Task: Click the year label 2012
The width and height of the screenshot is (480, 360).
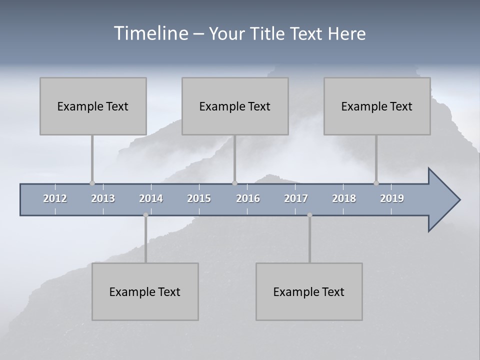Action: pyautogui.click(x=55, y=198)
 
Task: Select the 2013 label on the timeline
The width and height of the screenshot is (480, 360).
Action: pyautogui.click(x=103, y=198)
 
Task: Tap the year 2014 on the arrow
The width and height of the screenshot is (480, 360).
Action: pyautogui.click(x=151, y=198)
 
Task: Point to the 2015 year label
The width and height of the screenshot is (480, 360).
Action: pyautogui.click(x=199, y=198)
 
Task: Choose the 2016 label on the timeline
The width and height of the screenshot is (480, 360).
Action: pyautogui.click(x=248, y=198)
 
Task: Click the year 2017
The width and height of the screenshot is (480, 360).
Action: pyautogui.click(x=296, y=198)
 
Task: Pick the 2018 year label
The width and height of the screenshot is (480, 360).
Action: pyautogui.click(x=344, y=198)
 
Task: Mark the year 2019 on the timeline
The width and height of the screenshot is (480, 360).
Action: pyautogui.click(x=392, y=198)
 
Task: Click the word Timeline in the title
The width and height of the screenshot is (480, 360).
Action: pyautogui.click(x=150, y=33)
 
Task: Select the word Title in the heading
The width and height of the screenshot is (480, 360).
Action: pyautogui.click(x=266, y=33)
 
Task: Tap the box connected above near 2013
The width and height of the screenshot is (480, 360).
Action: pyautogui.click(x=93, y=106)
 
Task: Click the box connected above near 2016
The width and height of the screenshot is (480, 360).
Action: pyautogui.click(x=235, y=106)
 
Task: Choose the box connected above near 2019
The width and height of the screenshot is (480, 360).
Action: pyautogui.click(x=377, y=106)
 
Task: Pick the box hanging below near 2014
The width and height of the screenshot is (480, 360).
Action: pyautogui.click(x=145, y=291)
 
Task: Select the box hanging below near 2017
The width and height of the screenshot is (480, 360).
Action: pyautogui.click(x=309, y=291)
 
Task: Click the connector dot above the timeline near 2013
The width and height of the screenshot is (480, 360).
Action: pyautogui.click(x=92, y=183)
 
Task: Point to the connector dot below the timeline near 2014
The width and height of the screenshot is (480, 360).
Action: pyautogui.click(x=145, y=215)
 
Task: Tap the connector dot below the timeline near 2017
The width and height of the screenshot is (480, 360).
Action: pyautogui.click(x=309, y=215)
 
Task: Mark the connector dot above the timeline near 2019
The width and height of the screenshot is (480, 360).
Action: pyautogui.click(x=376, y=183)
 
